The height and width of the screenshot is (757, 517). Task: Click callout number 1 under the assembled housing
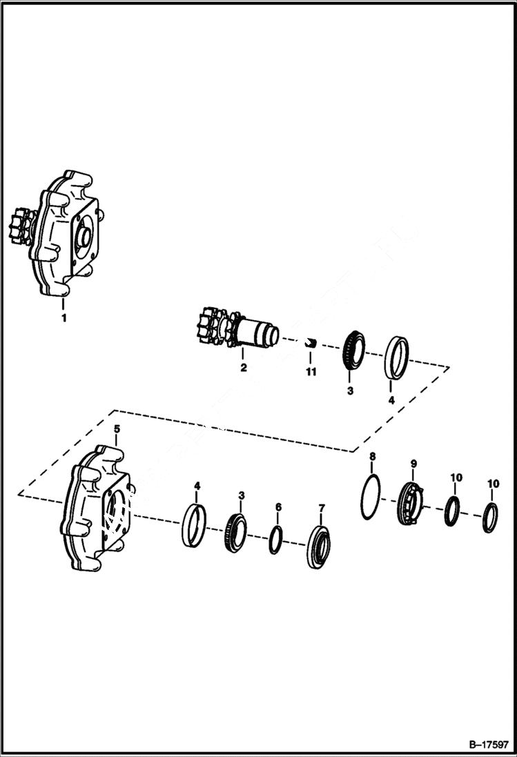click(x=64, y=318)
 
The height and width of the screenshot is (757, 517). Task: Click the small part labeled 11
click(x=311, y=343)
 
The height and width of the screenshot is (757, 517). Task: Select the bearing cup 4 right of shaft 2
click(x=396, y=357)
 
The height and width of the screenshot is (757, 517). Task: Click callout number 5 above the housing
click(x=117, y=429)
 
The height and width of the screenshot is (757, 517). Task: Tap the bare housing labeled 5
click(x=93, y=510)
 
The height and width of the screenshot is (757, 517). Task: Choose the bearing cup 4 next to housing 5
click(x=195, y=525)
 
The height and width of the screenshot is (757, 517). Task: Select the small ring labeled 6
click(x=275, y=539)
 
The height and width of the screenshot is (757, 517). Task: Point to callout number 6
click(x=278, y=507)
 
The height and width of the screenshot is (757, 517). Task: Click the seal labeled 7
click(x=318, y=547)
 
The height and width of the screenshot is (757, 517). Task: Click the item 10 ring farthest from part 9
click(x=490, y=518)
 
